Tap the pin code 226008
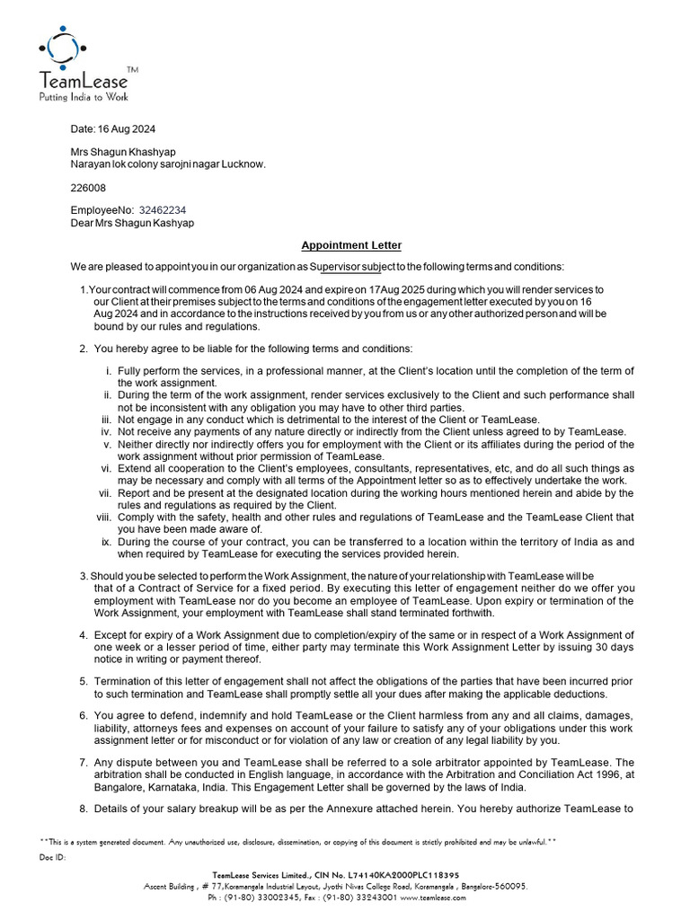[88, 188]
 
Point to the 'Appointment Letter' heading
[351, 245]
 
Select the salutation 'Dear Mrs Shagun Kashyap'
[132, 223]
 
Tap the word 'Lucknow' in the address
[243, 164]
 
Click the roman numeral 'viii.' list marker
[102, 517]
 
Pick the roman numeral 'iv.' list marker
[104, 431]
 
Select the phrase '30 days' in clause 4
[614, 648]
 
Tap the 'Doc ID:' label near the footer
[53, 857]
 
